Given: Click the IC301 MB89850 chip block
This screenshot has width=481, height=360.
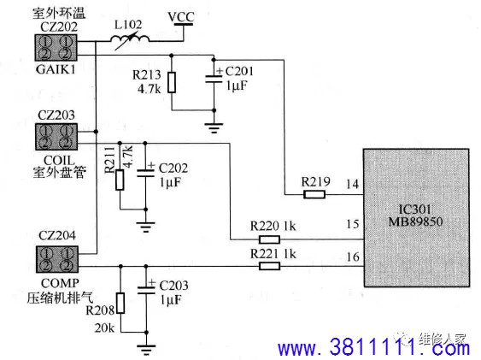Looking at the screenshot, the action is pos(416,217).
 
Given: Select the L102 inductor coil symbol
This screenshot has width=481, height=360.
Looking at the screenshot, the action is pos(130,39).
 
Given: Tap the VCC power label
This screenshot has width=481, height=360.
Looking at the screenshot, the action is pos(181,16).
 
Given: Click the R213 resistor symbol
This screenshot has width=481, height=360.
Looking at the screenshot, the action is pos(172,82).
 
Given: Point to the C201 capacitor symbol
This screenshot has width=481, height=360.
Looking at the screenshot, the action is pos(214,79).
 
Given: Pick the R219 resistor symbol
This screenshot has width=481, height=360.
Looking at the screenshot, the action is pos(314,194).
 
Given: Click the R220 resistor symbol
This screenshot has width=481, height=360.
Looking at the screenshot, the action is pos(269,239).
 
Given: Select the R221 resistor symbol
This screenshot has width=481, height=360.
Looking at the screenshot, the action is pos(269,266).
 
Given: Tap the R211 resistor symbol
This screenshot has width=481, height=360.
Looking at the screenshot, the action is pos(120,180).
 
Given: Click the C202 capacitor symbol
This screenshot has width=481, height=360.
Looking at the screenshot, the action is pos(145,173).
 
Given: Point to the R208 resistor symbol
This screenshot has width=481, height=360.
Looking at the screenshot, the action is pos(120,303).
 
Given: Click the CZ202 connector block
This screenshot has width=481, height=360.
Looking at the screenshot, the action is pos(56,48).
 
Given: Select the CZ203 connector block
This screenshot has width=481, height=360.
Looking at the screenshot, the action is pos(56,137).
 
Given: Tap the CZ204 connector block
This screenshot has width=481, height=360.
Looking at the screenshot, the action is pos(57,259).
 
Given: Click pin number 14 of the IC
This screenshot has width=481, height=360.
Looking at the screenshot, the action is pos(353,184).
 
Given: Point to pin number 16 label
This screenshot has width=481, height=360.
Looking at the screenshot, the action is pos(353,257).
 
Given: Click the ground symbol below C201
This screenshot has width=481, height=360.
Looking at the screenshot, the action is pos(214,128).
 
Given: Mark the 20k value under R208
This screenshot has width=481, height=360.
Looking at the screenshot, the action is pos(104,328).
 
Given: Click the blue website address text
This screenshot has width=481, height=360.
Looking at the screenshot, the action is pos(373,347).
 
